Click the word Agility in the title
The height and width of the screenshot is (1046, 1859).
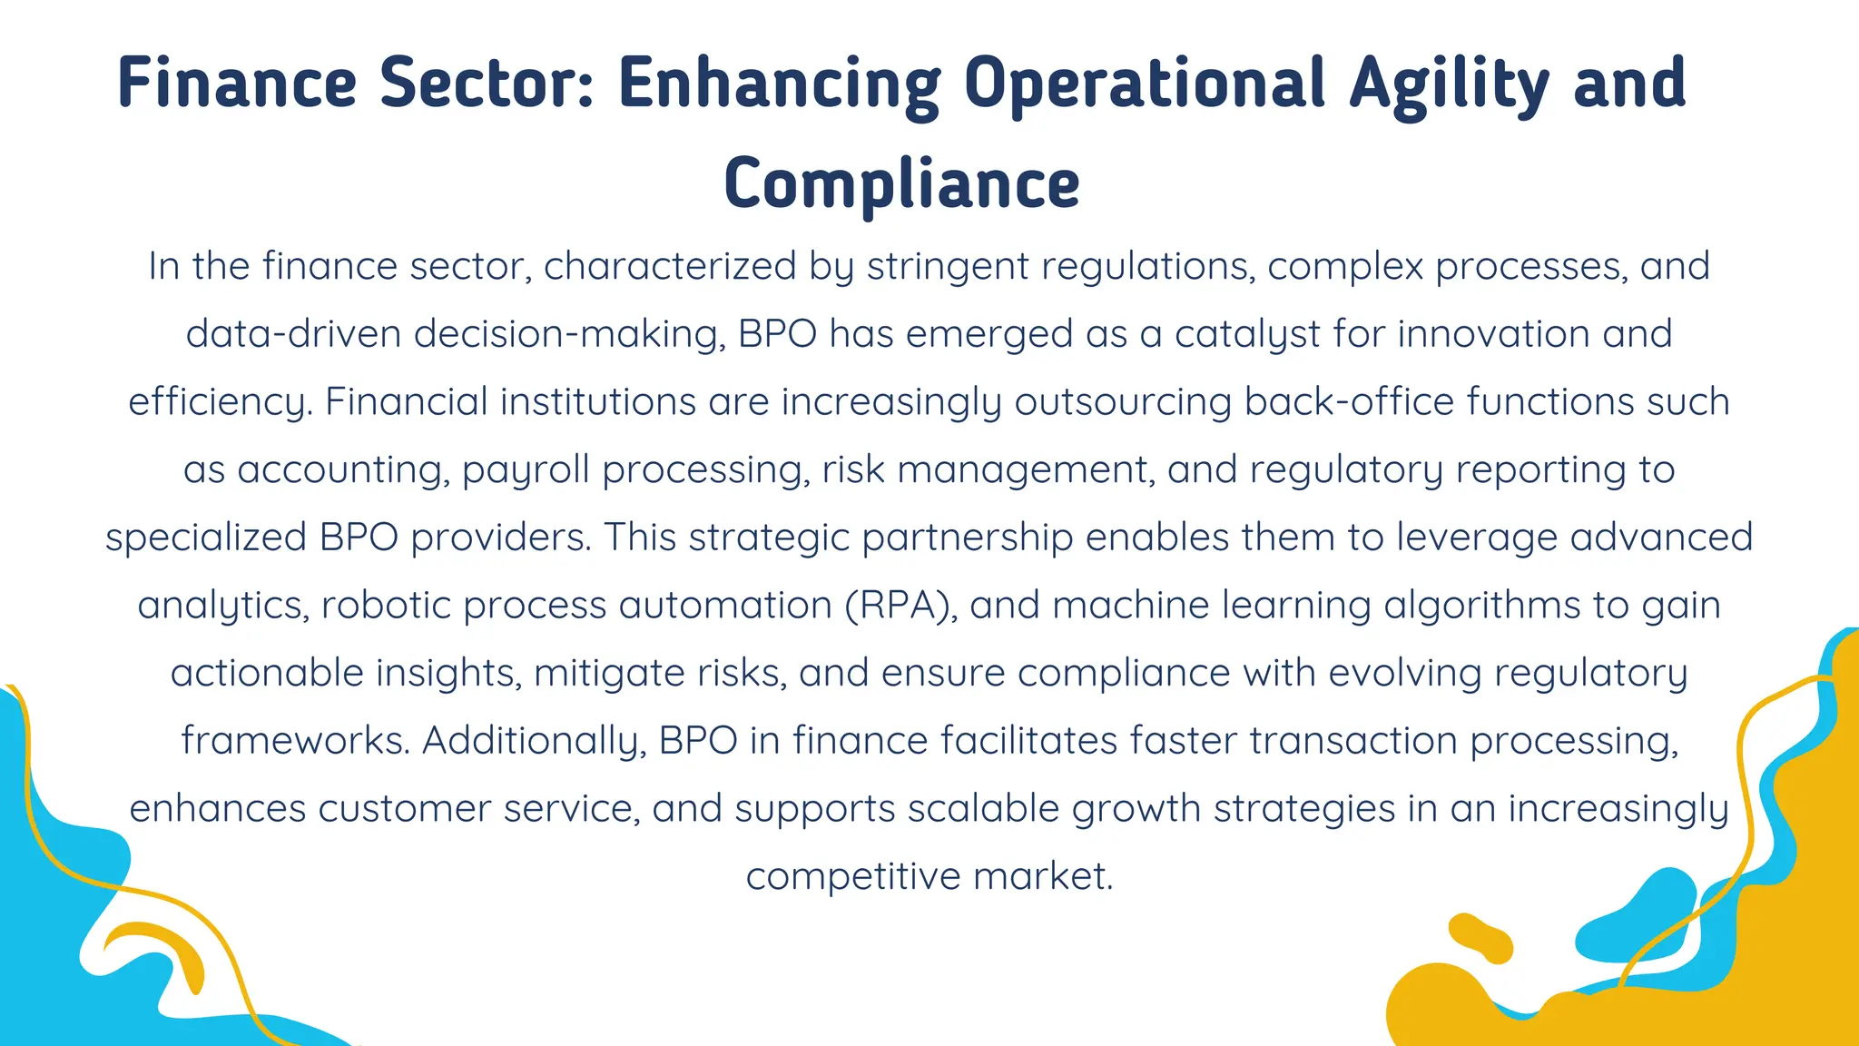(x=1449, y=84)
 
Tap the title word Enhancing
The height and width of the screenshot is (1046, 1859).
(x=779, y=84)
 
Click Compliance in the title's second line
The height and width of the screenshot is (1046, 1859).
(x=901, y=184)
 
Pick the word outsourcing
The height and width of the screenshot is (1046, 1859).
(x=1123, y=402)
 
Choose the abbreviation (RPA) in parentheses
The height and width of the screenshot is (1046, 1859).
(x=900, y=606)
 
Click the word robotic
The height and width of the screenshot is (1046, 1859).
(x=387, y=606)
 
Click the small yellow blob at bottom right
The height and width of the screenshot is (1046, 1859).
(x=1480, y=938)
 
